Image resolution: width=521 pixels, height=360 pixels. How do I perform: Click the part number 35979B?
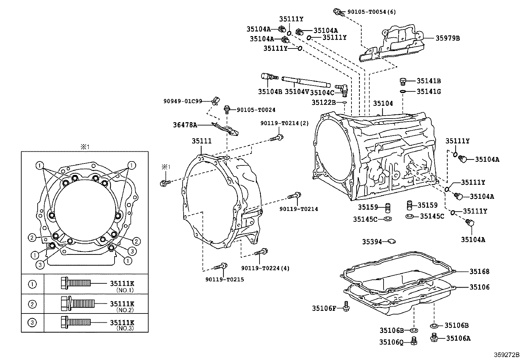pyautogui.click(x=447, y=38)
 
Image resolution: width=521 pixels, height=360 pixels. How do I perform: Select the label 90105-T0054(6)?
pyautogui.click(x=371, y=12)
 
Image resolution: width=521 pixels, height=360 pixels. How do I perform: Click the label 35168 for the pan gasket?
pyautogui.click(x=479, y=271)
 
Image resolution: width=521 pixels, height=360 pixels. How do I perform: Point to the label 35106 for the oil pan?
pyautogui.click(x=479, y=287)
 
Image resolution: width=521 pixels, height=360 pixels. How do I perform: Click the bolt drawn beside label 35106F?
pyautogui.click(x=346, y=307)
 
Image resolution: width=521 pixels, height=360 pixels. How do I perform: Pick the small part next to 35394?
pyautogui.click(x=391, y=242)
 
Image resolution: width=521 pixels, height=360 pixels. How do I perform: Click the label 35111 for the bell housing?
pyautogui.click(x=202, y=141)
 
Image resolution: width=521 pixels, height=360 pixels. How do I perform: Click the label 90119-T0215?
pyautogui.click(x=225, y=279)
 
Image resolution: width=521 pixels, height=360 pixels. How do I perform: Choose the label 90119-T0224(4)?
pyautogui.click(x=265, y=268)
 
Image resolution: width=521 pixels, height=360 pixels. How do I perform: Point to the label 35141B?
pyautogui.click(x=428, y=81)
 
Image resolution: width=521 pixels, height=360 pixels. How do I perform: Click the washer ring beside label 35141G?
pyautogui.click(x=403, y=91)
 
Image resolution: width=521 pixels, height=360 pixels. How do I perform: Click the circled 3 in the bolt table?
pyautogui.click(x=32, y=323)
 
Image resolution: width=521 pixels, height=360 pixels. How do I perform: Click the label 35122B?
pyautogui.click(x=323, y=103)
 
